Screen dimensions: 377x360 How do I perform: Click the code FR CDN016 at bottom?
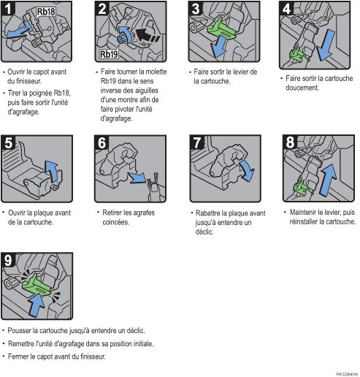coord(346,373)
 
